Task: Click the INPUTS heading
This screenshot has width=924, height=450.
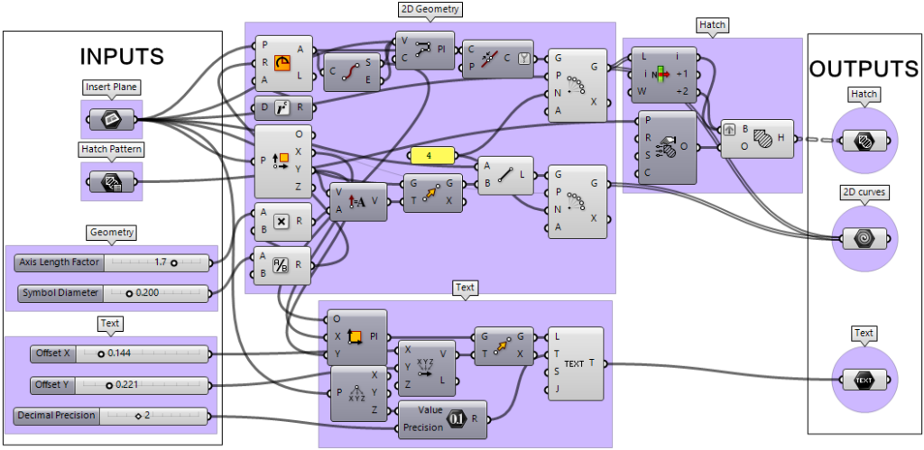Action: (x=122, y=55)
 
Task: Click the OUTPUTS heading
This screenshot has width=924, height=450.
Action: (x=864, y=69)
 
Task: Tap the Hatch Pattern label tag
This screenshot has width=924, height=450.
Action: (x=110, y=149)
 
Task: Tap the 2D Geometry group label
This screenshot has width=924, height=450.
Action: (x=430, y=10)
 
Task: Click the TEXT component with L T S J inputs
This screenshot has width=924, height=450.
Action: (x=574, y=363)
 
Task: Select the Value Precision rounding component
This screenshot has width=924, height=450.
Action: (x=442, y=418)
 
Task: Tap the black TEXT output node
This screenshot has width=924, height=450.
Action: (x=864, y=380)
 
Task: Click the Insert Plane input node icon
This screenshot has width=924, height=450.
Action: (x=112, y=118)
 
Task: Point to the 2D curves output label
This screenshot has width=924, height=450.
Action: (x=864, y=192)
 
